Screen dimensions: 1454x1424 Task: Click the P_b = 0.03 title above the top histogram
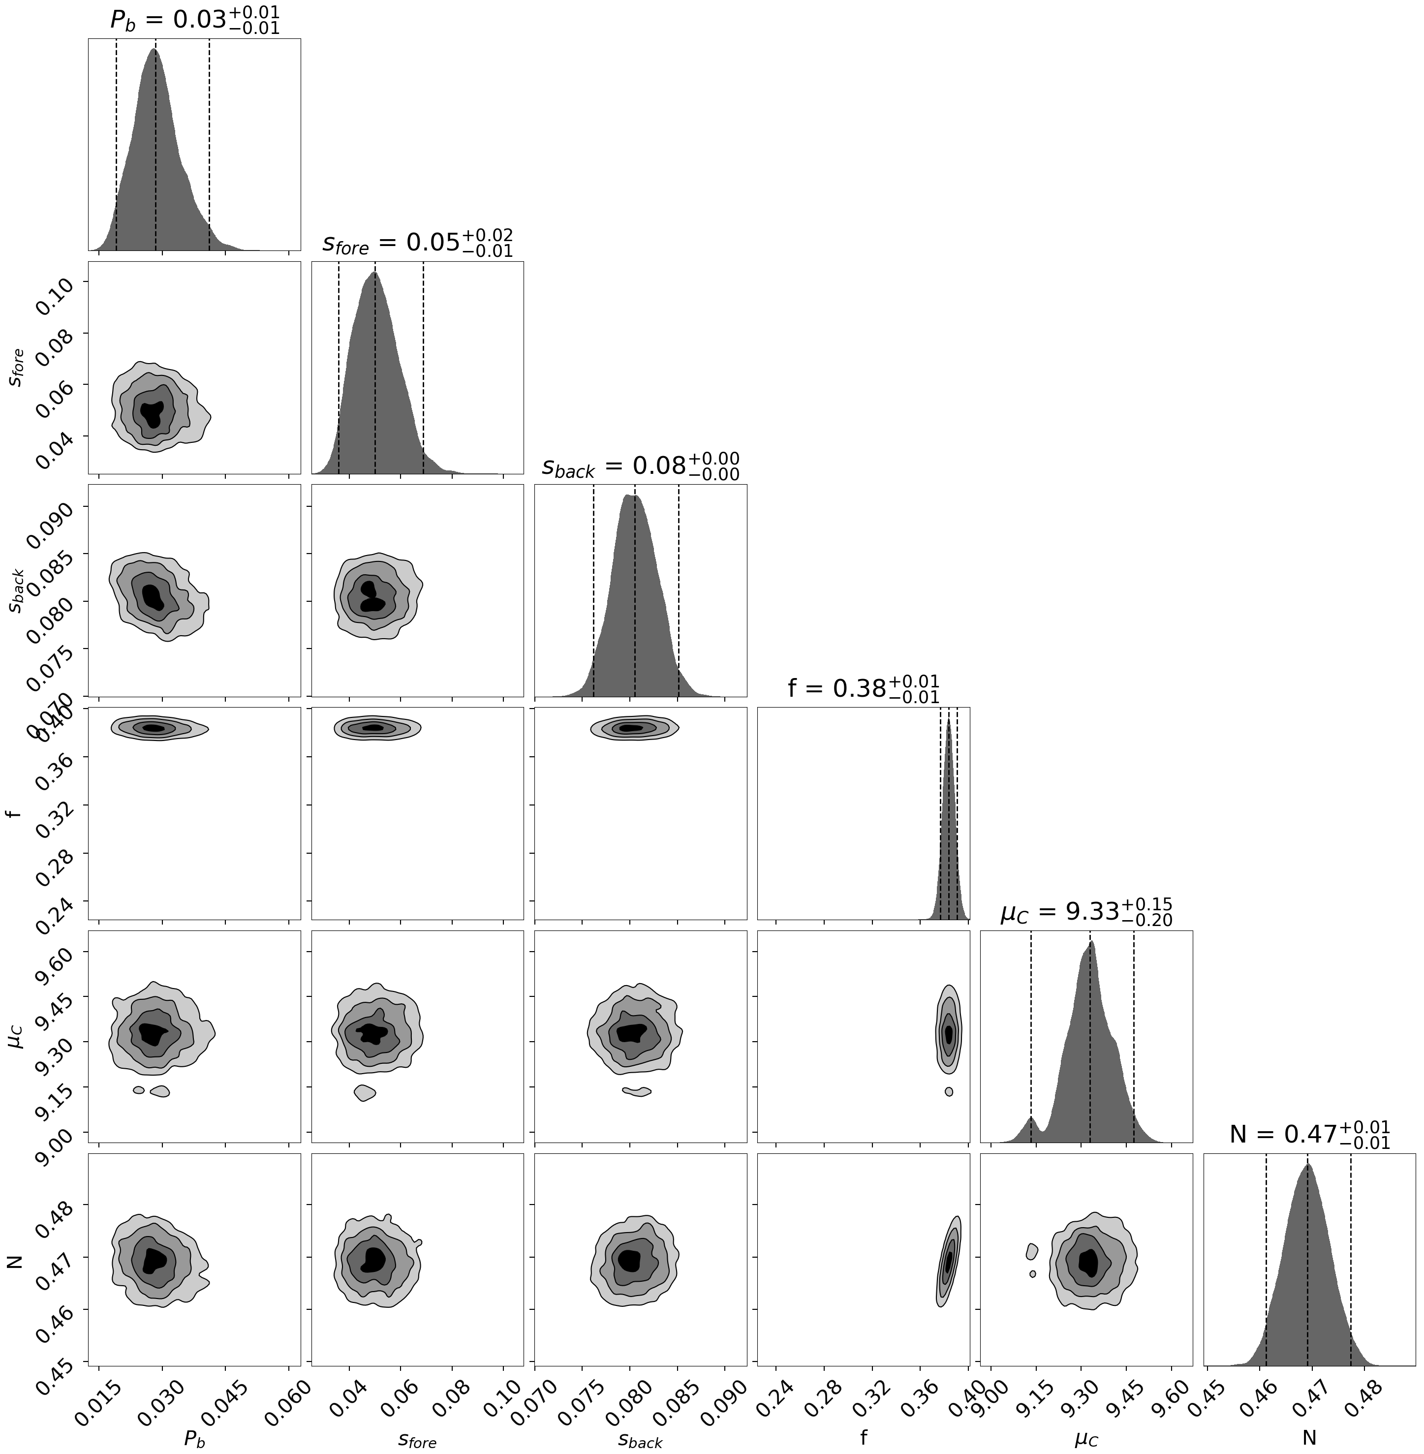point(194,20)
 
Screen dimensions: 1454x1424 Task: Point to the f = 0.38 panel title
point(863,688)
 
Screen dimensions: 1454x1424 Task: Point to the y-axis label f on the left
point(16,814)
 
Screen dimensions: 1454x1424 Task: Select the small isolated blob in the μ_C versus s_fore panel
point(364,1092)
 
